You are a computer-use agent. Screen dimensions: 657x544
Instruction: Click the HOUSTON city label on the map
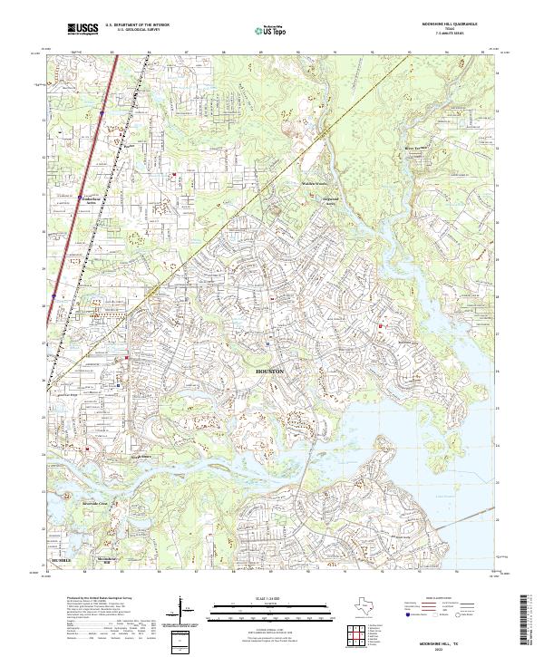(x=270, y=372)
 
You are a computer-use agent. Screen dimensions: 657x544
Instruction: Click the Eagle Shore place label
(x=140, y=458)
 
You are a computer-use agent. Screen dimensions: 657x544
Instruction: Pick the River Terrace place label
(x=413, y=147)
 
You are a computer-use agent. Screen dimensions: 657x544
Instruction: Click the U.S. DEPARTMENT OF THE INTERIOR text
(x=137, y=25)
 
